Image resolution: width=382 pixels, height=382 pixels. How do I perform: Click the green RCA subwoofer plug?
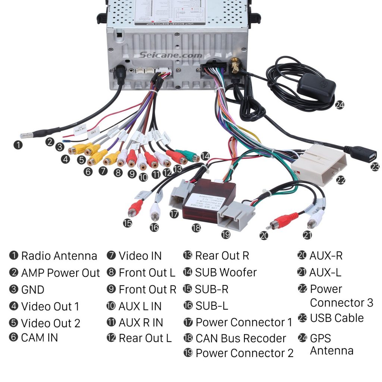[x=188, y=155]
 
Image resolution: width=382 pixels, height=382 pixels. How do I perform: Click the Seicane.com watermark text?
[x=171, y=55]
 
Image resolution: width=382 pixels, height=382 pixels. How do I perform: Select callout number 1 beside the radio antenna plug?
[x=17, y=145]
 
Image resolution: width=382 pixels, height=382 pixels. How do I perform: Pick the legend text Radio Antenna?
[x=59, y=256]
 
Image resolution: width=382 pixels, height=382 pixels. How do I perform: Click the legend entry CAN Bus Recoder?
[x=240, y=338]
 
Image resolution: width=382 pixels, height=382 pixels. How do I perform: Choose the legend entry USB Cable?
[x=336, y=318]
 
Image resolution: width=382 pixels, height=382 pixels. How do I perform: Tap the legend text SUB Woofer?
[x=226, y=272]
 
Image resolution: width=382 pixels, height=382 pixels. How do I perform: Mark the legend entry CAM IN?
[x=39, y=338]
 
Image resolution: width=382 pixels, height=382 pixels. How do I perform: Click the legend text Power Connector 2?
[x=244, y=353]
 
